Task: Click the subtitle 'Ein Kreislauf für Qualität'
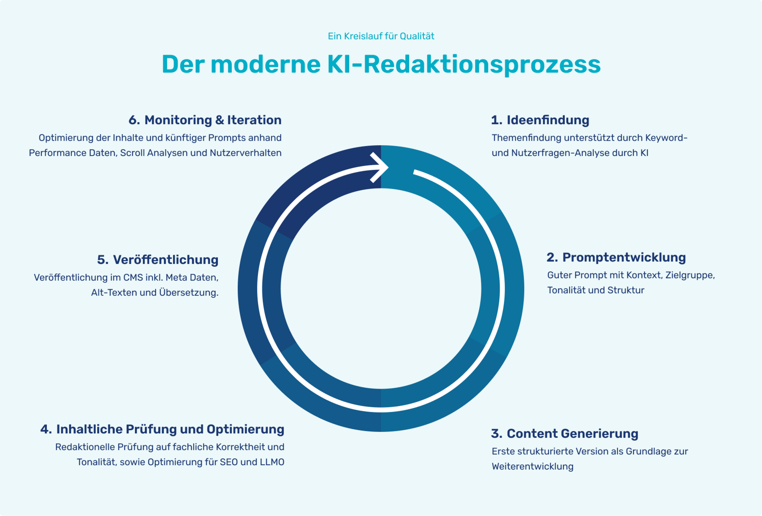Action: click(x=381, y=36)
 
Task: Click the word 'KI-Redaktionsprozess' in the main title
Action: click(x=464, y=64)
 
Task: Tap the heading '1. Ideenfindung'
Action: click(x=540, y=120)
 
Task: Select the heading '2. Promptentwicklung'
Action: click(x=616, y=257)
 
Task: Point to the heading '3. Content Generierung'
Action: click(x=564, y=433)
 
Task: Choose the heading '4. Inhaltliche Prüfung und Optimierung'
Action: click(x=162, y=429)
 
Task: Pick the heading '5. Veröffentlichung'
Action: click(x=158, y=260)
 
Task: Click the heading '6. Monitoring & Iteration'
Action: click(x=205, y=120)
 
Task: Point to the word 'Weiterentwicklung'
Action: click(x=532, y=467)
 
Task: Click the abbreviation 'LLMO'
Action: click(x=272, y=462)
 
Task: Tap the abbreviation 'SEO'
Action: click(x=229, y=462)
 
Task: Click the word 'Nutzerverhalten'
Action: click(x=245, y=153)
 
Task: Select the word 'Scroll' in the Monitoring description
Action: click(x=132, y=153)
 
